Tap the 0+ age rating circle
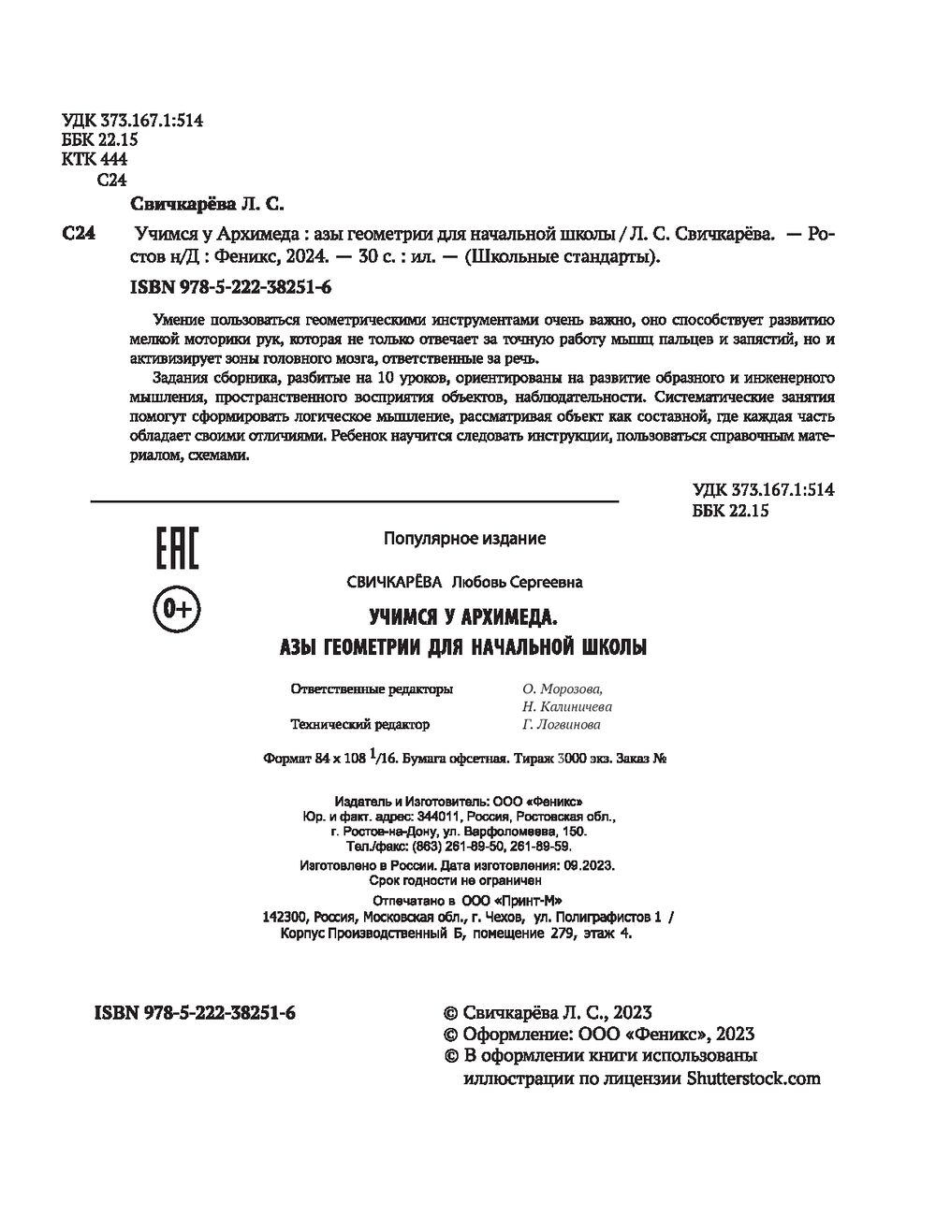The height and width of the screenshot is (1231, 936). point(176,610)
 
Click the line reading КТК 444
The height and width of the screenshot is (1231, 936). point(94,160)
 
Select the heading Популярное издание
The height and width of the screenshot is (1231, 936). point(464,539)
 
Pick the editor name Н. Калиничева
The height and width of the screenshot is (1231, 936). point(567,707)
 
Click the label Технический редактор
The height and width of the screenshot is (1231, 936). point(360,725)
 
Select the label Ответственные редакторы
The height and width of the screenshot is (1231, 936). point(373,689)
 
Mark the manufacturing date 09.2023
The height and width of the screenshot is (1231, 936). point(589,865)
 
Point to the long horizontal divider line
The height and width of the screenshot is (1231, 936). point(355,502)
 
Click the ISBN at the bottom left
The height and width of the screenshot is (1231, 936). point(196,1013)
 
